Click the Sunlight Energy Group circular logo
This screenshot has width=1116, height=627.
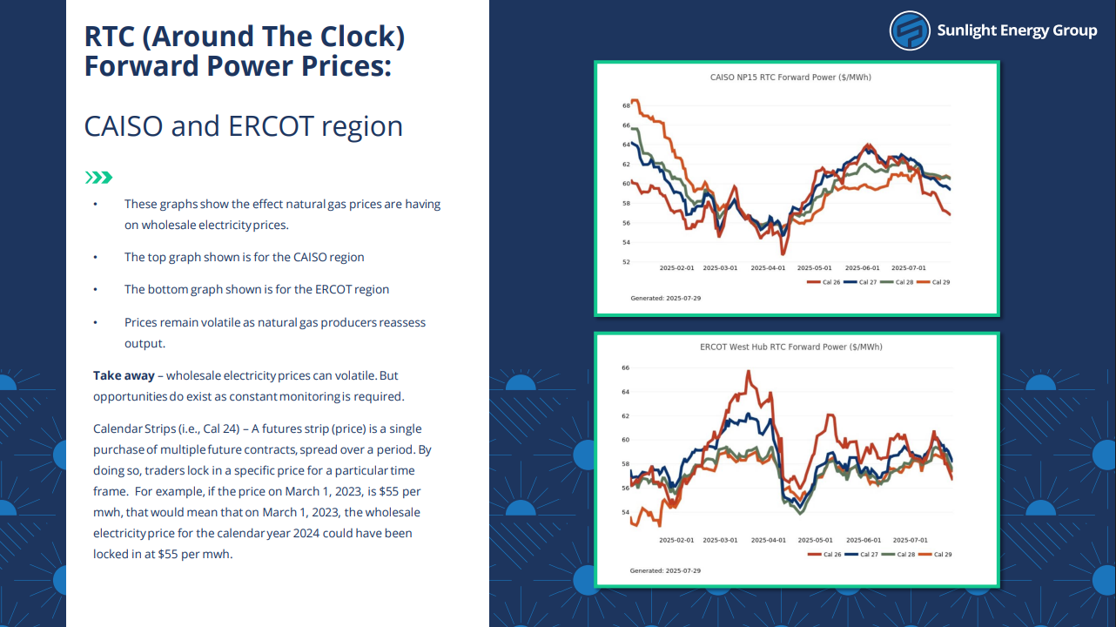click(910, 30)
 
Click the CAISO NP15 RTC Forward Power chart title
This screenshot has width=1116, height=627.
click(790, 78)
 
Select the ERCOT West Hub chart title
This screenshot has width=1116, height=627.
click(790, 347)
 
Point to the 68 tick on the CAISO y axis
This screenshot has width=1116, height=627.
click(626, 105)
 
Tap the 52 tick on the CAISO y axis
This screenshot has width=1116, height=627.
click(626, 262)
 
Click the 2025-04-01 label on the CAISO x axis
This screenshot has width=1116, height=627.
click(768, 268)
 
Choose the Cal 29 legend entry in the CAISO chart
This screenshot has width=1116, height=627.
click(934, 282)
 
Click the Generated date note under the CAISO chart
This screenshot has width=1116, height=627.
click(666, 298)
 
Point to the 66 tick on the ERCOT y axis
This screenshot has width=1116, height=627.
click(625, 367)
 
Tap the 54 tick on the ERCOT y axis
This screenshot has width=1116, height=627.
click(625, 512)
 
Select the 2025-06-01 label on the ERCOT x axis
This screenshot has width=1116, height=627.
click(864, 540)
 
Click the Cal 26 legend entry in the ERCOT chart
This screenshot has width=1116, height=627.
click(824, 554)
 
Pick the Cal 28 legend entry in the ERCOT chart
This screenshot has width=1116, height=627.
click(898, 554)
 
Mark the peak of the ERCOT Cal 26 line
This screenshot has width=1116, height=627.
click(749, 371)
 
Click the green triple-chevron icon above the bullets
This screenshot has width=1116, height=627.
click(98, 178)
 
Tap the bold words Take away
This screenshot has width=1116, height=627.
click(124, 376)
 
